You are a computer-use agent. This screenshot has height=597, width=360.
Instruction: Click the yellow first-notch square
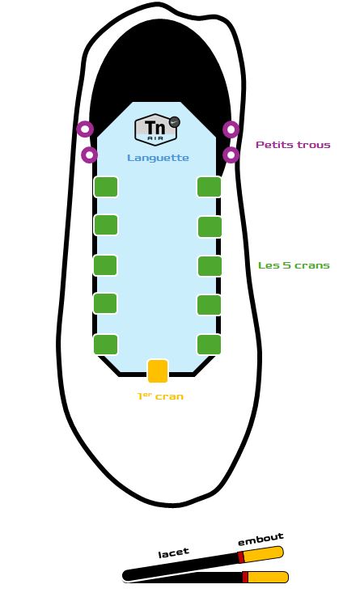pos(158,370)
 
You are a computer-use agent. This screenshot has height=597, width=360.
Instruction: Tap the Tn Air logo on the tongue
pos(157,129)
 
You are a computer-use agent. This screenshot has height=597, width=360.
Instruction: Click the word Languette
pos(158,158)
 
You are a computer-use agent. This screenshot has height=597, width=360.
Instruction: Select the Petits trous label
pos(293,145)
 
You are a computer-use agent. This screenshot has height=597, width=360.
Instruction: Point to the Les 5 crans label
pos(294,265)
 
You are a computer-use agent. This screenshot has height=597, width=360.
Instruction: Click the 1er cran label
pos(160,396)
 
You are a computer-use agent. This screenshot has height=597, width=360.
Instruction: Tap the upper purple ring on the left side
pos(85,129)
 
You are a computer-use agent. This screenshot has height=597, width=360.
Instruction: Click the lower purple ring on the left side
pos(90,155)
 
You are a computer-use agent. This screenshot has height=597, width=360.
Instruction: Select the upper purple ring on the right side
pos(231,129)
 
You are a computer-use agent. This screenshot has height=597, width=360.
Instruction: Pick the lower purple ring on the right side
pos(231,155)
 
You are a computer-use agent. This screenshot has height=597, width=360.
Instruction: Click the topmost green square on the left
pos(106,187)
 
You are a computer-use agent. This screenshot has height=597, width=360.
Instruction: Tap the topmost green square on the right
pos(210,187)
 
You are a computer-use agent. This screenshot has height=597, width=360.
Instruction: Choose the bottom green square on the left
pos(105,344)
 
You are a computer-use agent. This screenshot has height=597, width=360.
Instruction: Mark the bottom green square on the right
pos(210,344)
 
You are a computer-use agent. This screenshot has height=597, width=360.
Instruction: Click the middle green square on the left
pos(105,265)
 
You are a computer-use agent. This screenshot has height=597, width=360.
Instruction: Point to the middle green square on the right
pos(210,266)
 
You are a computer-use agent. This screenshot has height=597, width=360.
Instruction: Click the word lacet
pos(174,553)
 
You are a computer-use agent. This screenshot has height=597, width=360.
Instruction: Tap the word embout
pos(261,539)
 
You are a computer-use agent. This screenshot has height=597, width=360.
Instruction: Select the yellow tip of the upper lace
pos(263,554)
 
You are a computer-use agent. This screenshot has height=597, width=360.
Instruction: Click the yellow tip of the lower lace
pos(268,577)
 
